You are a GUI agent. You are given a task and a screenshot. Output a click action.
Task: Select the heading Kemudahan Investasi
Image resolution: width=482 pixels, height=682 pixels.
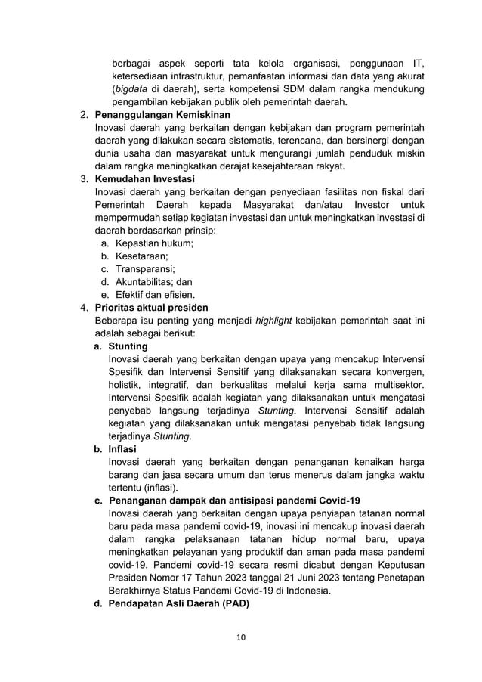pyautogui.click(x=144, y=179)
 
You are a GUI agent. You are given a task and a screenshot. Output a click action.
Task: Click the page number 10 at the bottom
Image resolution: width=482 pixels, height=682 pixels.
pyautogui.click(x=241, y=638)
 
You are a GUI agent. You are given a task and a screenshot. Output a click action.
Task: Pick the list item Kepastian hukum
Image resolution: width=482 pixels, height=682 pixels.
pyautogui.click(x=154, y=243)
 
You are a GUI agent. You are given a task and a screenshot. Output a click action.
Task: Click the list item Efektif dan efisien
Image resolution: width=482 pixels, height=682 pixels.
pyautogui.click(x=155, y=294)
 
